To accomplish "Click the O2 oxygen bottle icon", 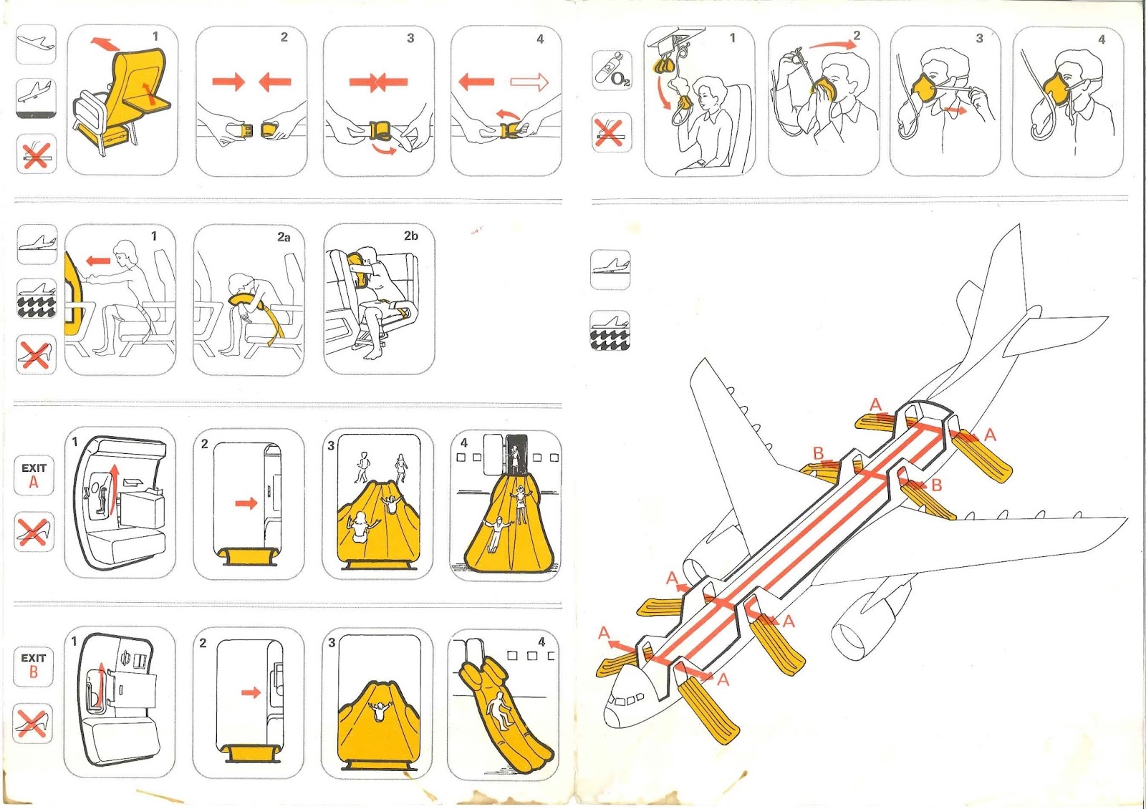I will coord(612,70).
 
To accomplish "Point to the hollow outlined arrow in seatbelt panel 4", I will coord(529,82).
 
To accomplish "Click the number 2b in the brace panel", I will coord(410,236).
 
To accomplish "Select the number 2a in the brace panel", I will coord(284,237).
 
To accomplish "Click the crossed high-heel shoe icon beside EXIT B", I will coord(33,723).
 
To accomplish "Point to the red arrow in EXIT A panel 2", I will coord(246,503).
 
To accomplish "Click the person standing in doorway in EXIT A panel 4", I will coord(514,458).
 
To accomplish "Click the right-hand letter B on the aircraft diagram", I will coord(936,485).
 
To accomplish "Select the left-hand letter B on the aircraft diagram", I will coord(818,453).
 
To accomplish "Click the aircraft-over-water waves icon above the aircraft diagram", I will coord(610,331).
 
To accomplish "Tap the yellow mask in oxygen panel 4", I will coord(1056,89).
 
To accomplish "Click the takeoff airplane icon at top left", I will coord(35,44).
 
